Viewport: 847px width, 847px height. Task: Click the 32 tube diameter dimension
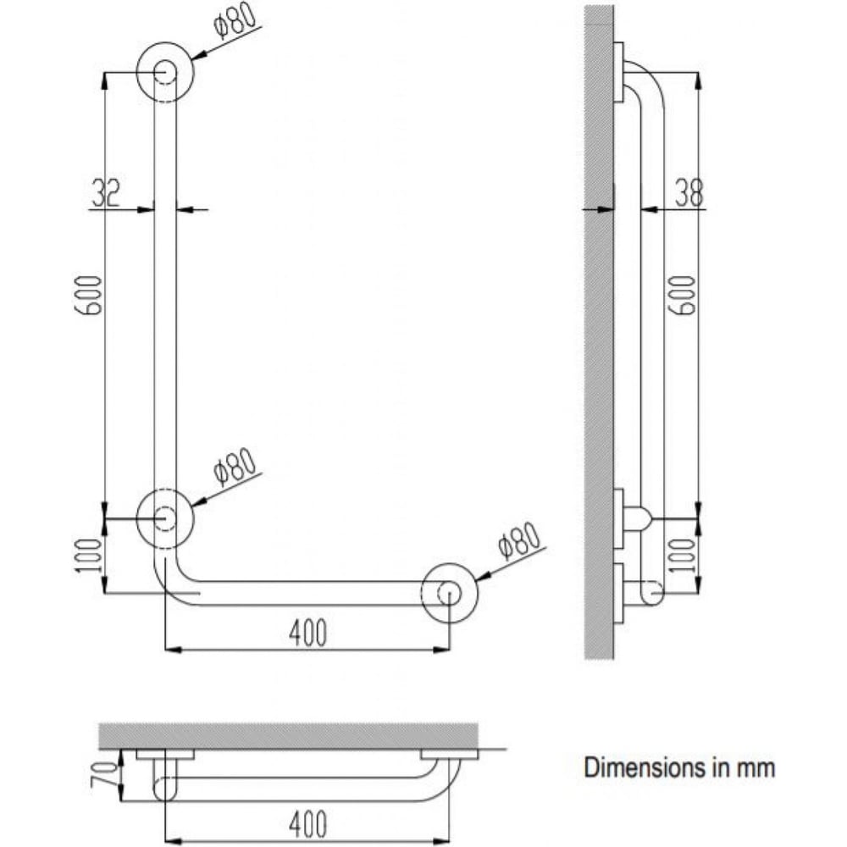pyautogui.click(x=105, y=191)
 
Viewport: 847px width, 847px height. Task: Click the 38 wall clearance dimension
pyautogui.click(x=689, y=192)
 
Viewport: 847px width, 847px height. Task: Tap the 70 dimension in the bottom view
pyautogui.click(x=105, y=773)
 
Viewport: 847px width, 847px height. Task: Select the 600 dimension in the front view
pyautogui.click(x=88, y=295)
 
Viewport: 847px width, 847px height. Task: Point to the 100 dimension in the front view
pyautogui.click(x=88, y=556)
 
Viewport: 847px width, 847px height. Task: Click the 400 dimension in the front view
pyautogui.click(x=307, y=633)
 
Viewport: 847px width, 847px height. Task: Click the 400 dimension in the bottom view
pyautogui.click(x=307, y=824)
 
